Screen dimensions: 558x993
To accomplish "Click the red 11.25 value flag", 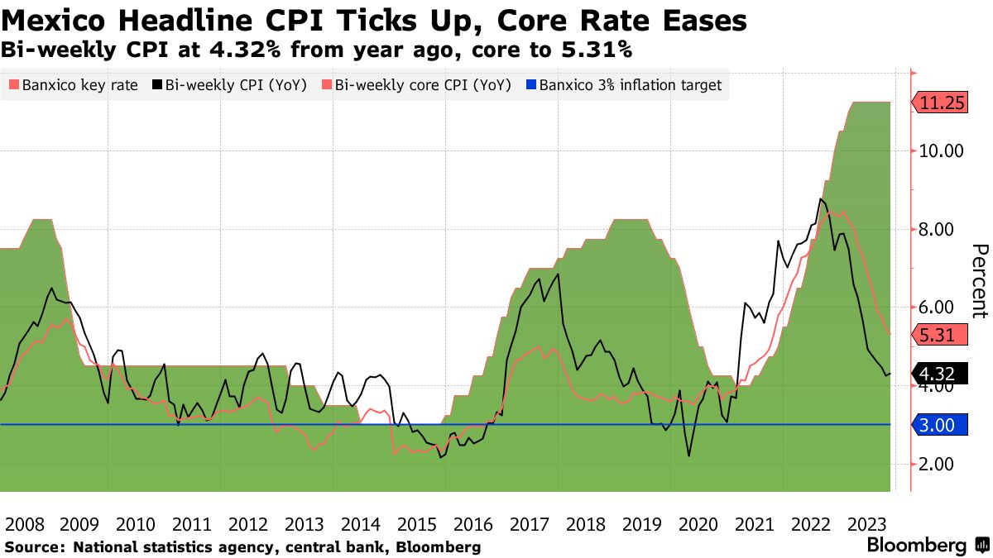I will tap(943, 103).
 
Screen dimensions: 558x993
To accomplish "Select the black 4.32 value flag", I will tap(938, 374).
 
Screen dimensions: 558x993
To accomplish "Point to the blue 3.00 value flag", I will tap(938, 425).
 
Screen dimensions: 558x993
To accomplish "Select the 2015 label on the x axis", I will tap(415, 524).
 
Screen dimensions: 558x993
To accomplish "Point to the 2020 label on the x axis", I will tap(698, 524).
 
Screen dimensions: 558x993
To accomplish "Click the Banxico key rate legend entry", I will tap(72, 84).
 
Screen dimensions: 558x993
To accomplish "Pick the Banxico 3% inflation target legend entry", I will tap(625, 84).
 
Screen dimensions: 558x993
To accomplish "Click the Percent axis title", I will tap(979, 281).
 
